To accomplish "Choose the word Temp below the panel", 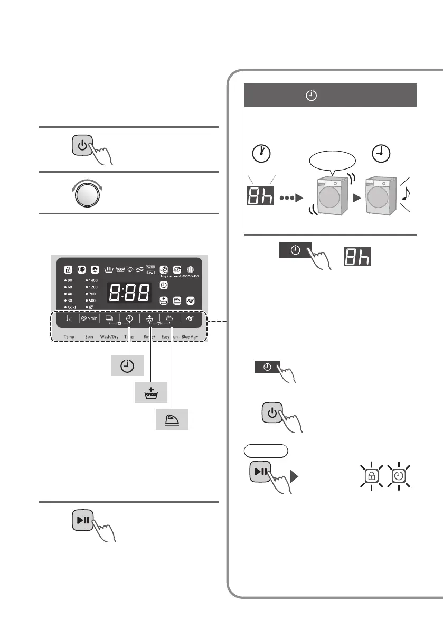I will tap(69, 336).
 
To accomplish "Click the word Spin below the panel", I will tap(89, 336).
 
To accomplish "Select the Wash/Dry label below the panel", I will tap(109, 336).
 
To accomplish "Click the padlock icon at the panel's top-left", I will tap(69, 268).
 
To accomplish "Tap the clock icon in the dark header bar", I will tap(312, 96).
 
